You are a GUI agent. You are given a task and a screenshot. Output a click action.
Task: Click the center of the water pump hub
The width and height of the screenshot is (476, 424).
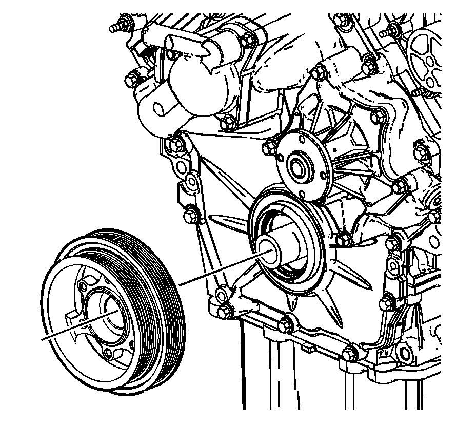click(298, 167)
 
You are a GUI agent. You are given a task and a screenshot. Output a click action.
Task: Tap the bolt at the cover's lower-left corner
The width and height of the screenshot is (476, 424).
click(223, 311)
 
